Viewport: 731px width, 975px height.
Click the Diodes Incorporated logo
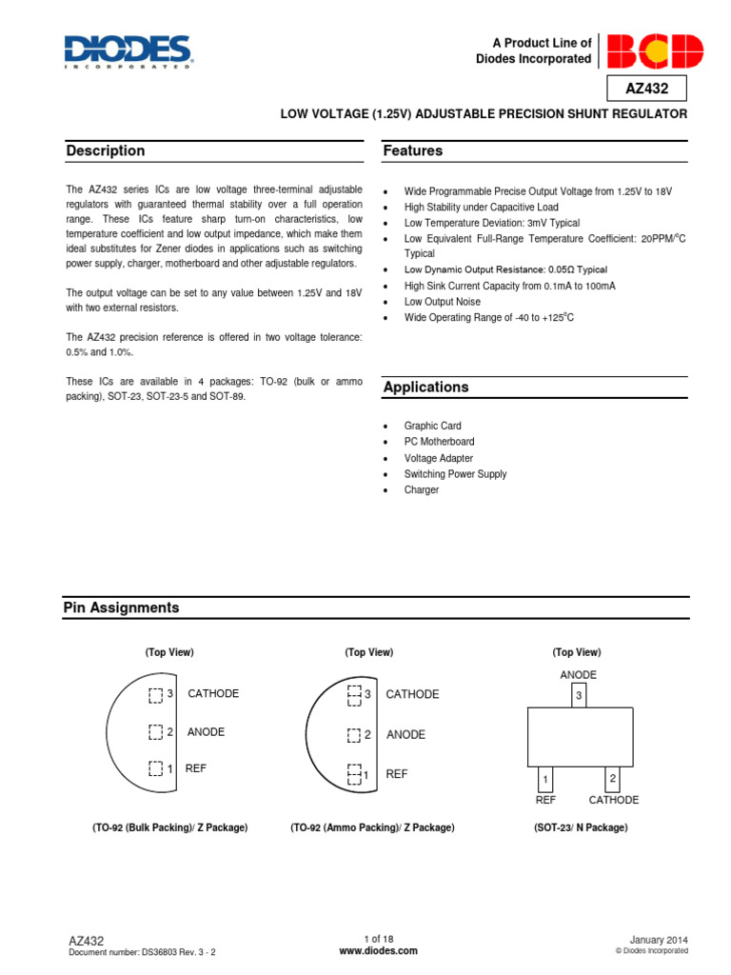[x=128, y=51]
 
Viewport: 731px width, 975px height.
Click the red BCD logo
[x=655, y=51]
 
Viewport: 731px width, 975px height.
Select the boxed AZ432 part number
[x=646, y=89]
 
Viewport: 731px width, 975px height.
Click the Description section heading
[x=106, y=150]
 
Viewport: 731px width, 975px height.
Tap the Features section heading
[x=412, y=150]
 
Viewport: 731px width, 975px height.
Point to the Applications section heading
[x=425, y=388]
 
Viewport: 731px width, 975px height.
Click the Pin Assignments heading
[x=121, y=607]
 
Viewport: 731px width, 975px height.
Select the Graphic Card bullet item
[x=432, y=426]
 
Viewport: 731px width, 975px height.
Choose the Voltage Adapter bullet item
[x=438, y=458]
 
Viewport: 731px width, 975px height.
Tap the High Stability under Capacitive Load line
[x=481, y=207]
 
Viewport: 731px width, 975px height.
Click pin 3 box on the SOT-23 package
[x=578, y=697]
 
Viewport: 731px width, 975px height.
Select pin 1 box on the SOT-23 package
[x=545, y=779]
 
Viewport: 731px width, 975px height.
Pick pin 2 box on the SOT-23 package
[x=613, y=779]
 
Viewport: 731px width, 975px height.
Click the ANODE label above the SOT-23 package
[x=578, y=675]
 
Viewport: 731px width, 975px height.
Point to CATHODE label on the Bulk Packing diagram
[x=213, y=694]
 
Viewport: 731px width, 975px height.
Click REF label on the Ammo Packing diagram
[x=397, y=774]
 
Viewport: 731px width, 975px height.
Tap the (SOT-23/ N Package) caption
[x=581, y=828]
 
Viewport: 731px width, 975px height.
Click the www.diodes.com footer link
[x=378, y=950]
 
